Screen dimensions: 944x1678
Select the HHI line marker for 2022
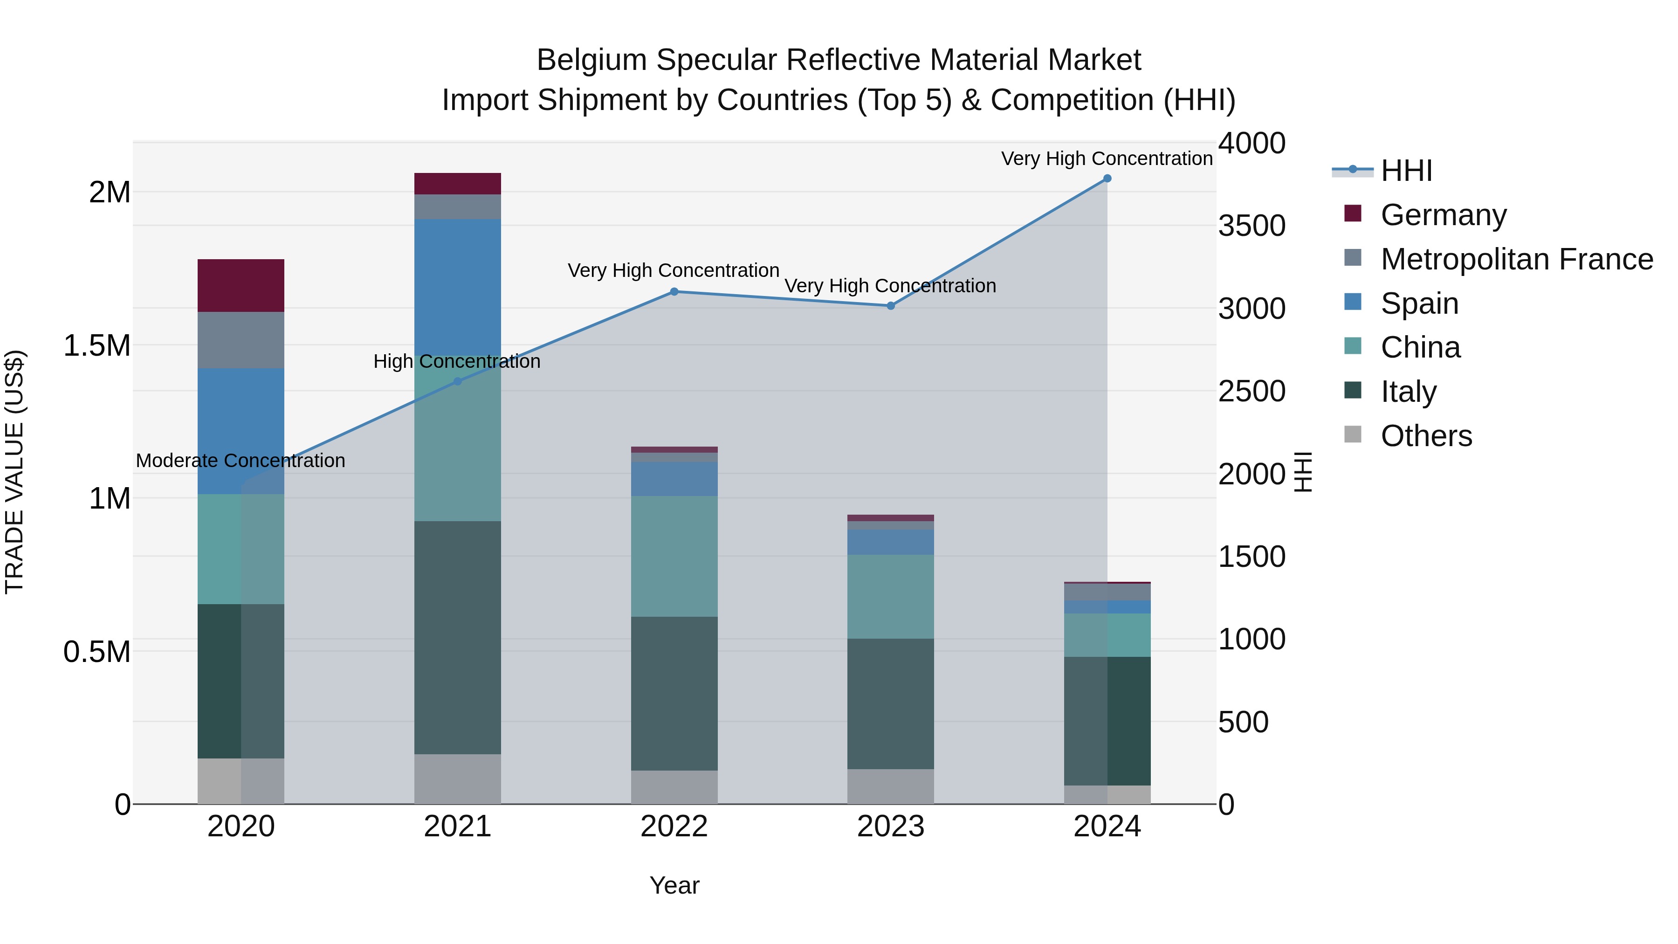click(x=674, y=292)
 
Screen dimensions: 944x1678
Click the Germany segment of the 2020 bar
click(x=241, y=285)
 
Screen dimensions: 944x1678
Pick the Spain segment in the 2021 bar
click(x=457, y=287)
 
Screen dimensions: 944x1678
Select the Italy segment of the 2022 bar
click(x=674, y=693)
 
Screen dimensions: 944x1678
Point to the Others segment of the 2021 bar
click(x=457, y=779)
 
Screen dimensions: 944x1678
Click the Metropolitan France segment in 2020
click(x=241, y=340)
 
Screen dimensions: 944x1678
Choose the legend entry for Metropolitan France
click(x=1516, y=259)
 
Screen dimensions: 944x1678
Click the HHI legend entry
click(x=1406, y=171)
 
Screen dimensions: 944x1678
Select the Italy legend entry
click(x=1408, y=392)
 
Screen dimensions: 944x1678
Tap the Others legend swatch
click(x=1353, y=434)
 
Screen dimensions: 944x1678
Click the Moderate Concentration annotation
click(x=241, y=461)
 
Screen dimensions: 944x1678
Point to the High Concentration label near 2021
click(x=457, y=362)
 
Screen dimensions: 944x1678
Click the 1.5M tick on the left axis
click(x=96, y=346)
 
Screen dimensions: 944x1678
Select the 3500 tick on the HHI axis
click(x=1252, y=226)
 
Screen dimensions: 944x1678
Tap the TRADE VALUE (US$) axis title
click(x=14, y=472)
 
